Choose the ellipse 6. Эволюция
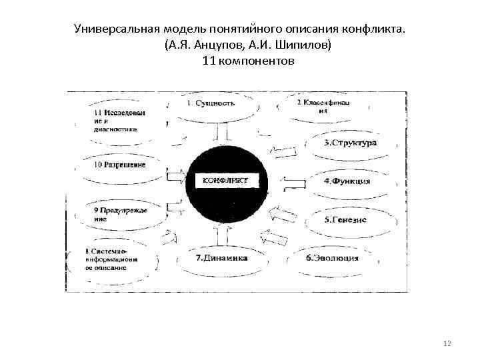tap(333, 258)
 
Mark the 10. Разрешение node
tap(120, 165)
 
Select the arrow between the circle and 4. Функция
tap(292, 181)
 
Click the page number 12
tap(447, 343)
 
